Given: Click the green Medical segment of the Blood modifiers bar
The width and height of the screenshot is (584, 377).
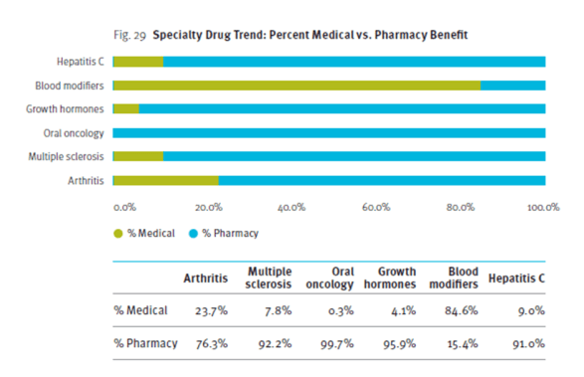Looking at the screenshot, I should coord(296,86).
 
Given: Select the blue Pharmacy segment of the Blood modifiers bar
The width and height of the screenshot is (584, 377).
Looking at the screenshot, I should coord(512,86).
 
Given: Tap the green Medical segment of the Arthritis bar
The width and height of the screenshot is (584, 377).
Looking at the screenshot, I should coord(165,180).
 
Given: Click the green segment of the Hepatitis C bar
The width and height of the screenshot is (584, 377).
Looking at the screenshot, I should coord(137,62).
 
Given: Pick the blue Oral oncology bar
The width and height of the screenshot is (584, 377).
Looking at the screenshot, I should coord(328,133).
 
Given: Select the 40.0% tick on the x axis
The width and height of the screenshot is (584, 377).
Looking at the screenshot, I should coord(291,207).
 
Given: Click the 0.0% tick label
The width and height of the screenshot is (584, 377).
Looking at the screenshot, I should coord(123,207).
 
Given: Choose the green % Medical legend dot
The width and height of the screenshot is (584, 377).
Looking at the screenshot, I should coord(118,234).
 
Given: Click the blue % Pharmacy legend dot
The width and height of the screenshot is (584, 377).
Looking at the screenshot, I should coord(193,234).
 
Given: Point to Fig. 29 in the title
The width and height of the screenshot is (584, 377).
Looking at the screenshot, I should coord(132,35).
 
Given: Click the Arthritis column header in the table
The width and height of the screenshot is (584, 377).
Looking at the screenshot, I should coord(206,278).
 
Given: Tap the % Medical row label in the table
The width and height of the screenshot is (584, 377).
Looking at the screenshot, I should coord(140,310).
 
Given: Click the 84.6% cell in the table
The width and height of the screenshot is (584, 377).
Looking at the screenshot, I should coord(459,310).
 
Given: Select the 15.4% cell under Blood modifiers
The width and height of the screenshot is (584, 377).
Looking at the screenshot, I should coord(459,344).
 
